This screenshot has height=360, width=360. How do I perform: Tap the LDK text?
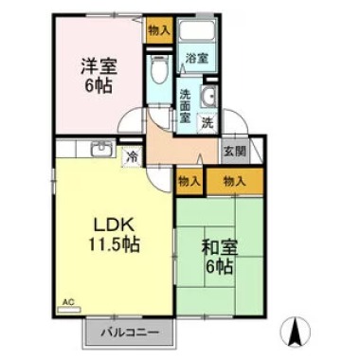click(x=116, y=225)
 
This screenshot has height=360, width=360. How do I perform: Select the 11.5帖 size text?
click(x=116, y=245)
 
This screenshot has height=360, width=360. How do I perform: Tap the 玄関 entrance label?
click(x=234, y=151)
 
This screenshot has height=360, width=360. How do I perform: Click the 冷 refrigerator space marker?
click(x=133, y=156)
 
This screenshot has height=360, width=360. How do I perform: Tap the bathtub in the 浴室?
click(x=197, y=36)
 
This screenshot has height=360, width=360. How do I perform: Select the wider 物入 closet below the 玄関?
click(x=234, y=180)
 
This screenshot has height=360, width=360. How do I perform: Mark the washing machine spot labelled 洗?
click(x=207, y=122)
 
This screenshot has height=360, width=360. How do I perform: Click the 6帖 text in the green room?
click(x=219, y=266)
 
